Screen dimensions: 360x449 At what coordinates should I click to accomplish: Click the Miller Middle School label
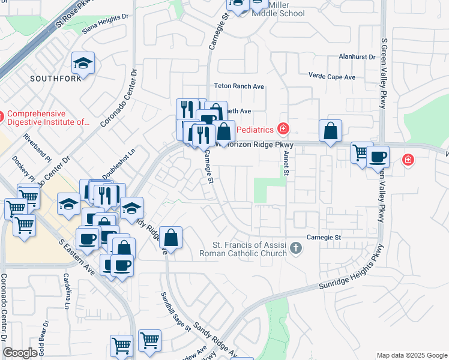click(x=279, y=9)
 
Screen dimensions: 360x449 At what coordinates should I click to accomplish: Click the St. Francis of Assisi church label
click(x=250, y=249)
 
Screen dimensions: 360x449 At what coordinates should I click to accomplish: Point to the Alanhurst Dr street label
click(x=356, y=57)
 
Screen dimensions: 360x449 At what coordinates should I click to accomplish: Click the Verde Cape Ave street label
click(x=331, y=77)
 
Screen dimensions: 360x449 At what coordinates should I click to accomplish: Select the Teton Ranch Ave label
click(x=240, y=86)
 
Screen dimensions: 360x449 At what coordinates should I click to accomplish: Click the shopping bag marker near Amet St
click(x=330, y=131)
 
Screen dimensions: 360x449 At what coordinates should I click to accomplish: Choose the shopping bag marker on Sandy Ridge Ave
click(x=171, y=238)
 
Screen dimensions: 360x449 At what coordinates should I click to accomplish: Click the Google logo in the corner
click(x=20, y=353)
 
